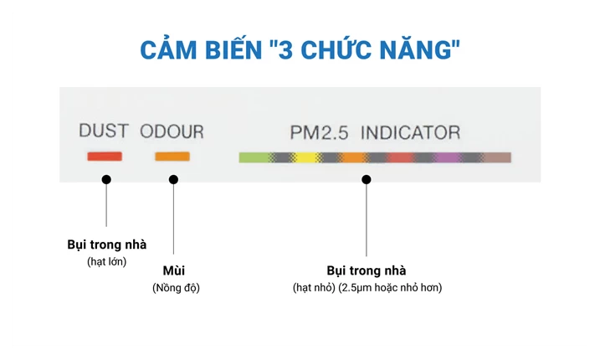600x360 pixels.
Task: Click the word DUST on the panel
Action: [103, 131]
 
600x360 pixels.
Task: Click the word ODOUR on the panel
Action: [172, 131]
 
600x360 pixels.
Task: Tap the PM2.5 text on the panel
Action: [319, 133]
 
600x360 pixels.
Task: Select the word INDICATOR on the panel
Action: [410, 133]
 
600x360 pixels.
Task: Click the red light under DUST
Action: [105, 157]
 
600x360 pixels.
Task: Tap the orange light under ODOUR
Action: [172, 157]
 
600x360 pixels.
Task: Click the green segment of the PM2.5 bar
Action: [254, 157]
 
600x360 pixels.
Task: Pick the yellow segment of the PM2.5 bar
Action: [305, 157]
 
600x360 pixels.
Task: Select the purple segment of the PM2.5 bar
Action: [448, 157]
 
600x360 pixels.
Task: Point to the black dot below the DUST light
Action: [106, 179]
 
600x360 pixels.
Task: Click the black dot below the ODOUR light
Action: [173, 179]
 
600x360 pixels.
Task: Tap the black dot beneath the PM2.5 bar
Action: [367, 179]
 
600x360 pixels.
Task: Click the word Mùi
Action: [174, 270]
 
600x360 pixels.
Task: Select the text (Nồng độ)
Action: [176, 288]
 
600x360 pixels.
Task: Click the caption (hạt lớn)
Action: [107, 261]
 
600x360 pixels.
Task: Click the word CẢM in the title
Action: [168, 50]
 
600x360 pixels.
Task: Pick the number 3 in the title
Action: [285, 50]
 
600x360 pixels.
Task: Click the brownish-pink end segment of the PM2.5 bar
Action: [498, 157]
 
